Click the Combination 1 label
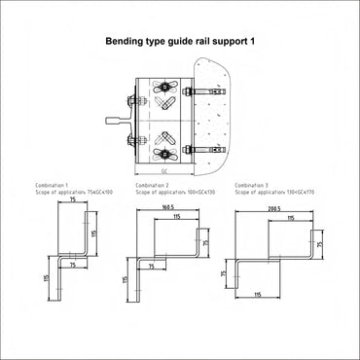(x=67, y=184)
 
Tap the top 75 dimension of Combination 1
(x=73, y=200)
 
